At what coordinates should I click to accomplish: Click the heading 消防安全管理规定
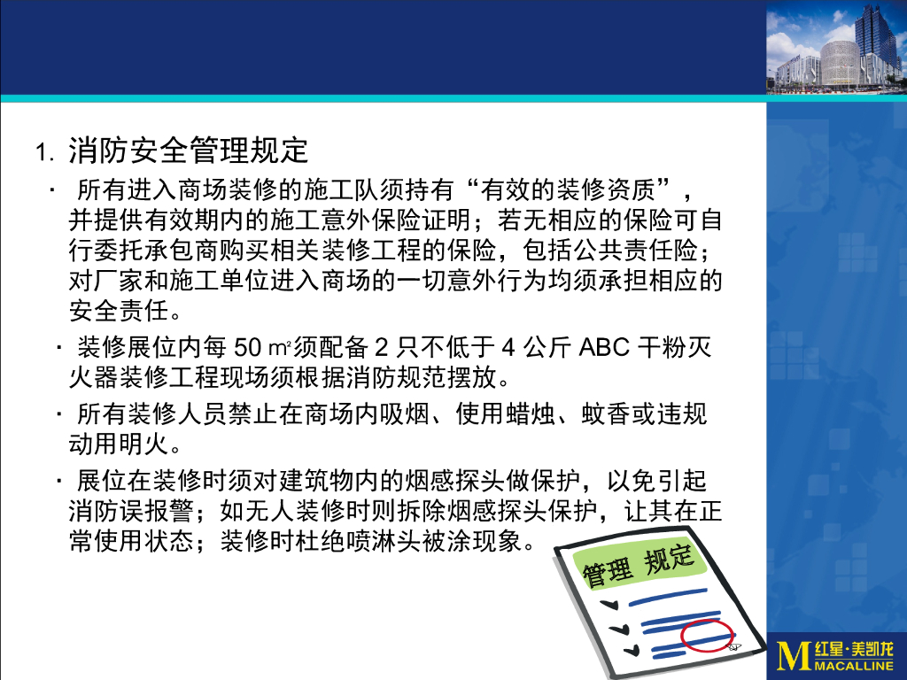(x=189, y=151)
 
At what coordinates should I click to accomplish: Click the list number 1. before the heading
(x=46, y=153)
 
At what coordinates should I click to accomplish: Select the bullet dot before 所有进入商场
(x=54, y=189)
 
